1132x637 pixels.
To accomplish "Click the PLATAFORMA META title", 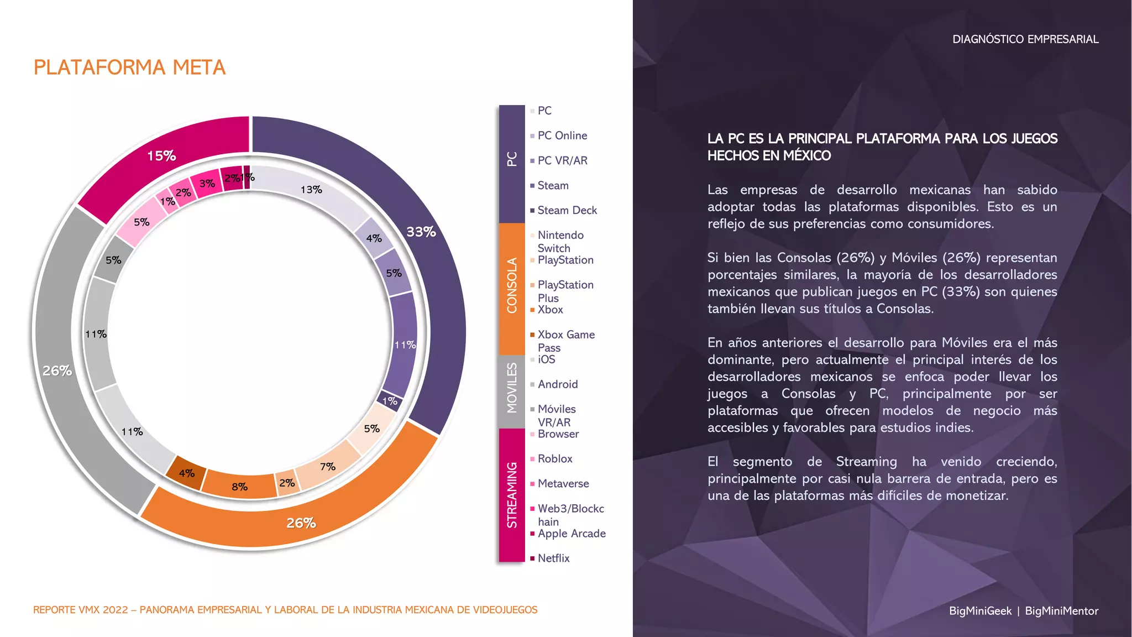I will pos(129,67).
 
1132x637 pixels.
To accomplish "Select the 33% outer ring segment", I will pos(421,232).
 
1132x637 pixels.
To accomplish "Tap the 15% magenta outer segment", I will pos(161,156).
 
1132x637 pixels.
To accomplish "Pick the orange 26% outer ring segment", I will pos(301,523).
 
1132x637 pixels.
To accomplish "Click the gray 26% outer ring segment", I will pos(57,370).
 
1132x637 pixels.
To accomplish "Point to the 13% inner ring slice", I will pos(311,190).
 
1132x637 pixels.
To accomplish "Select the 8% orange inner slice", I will pos(239,487).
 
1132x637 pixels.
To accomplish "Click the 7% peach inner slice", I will pos(327,467).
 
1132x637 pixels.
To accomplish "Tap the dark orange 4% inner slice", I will pos(187,473).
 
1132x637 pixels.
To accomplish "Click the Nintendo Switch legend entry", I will pos(560,242).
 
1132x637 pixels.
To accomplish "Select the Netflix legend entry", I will pos(553,558).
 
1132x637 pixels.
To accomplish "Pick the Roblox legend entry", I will pos(555,458).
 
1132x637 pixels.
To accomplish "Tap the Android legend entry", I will pos(558,384).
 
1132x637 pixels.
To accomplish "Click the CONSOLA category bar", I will pos(512,288).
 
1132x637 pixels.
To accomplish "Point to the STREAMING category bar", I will pos(512,495).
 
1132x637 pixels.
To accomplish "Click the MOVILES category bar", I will pos(512,390).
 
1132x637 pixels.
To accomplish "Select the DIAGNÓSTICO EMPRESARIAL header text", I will pos(1025,39).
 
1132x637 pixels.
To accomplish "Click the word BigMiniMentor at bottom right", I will pos(1061,611).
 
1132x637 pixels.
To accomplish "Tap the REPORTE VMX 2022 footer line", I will pos(285,610).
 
